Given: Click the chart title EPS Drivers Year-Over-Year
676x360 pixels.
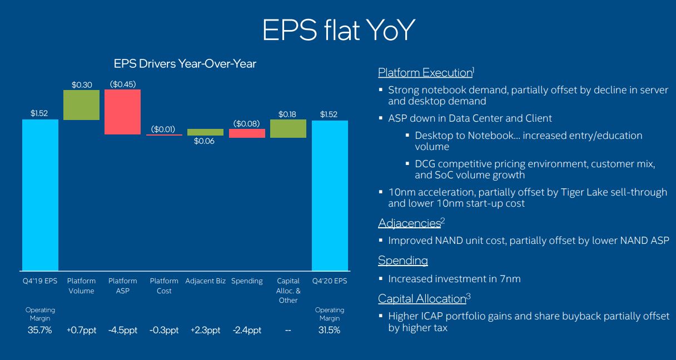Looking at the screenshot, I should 185,64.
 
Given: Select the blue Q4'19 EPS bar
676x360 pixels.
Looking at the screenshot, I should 40,194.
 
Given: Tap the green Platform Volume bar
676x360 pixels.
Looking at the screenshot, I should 81,105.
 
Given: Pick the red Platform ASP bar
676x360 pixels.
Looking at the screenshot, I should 122,112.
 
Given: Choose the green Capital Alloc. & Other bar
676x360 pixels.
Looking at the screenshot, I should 288,128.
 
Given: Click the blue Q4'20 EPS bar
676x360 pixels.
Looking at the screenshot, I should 330,194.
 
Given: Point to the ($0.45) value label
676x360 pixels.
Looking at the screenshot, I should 122,84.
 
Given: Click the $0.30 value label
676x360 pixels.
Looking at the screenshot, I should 81,84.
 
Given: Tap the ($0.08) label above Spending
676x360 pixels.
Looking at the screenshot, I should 247,123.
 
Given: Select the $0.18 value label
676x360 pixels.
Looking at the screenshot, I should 288,114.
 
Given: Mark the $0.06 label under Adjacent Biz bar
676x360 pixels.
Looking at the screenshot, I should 205,142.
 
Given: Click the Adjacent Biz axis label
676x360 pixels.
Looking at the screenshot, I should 206,281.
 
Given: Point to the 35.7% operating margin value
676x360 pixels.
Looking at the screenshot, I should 40,330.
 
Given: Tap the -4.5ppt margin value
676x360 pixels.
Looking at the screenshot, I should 123,330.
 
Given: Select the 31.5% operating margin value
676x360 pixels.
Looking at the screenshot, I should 330,330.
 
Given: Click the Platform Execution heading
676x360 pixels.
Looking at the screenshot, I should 425,73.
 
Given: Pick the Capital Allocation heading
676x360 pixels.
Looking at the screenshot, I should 422,299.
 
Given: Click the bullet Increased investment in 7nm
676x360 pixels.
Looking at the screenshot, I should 454,279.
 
